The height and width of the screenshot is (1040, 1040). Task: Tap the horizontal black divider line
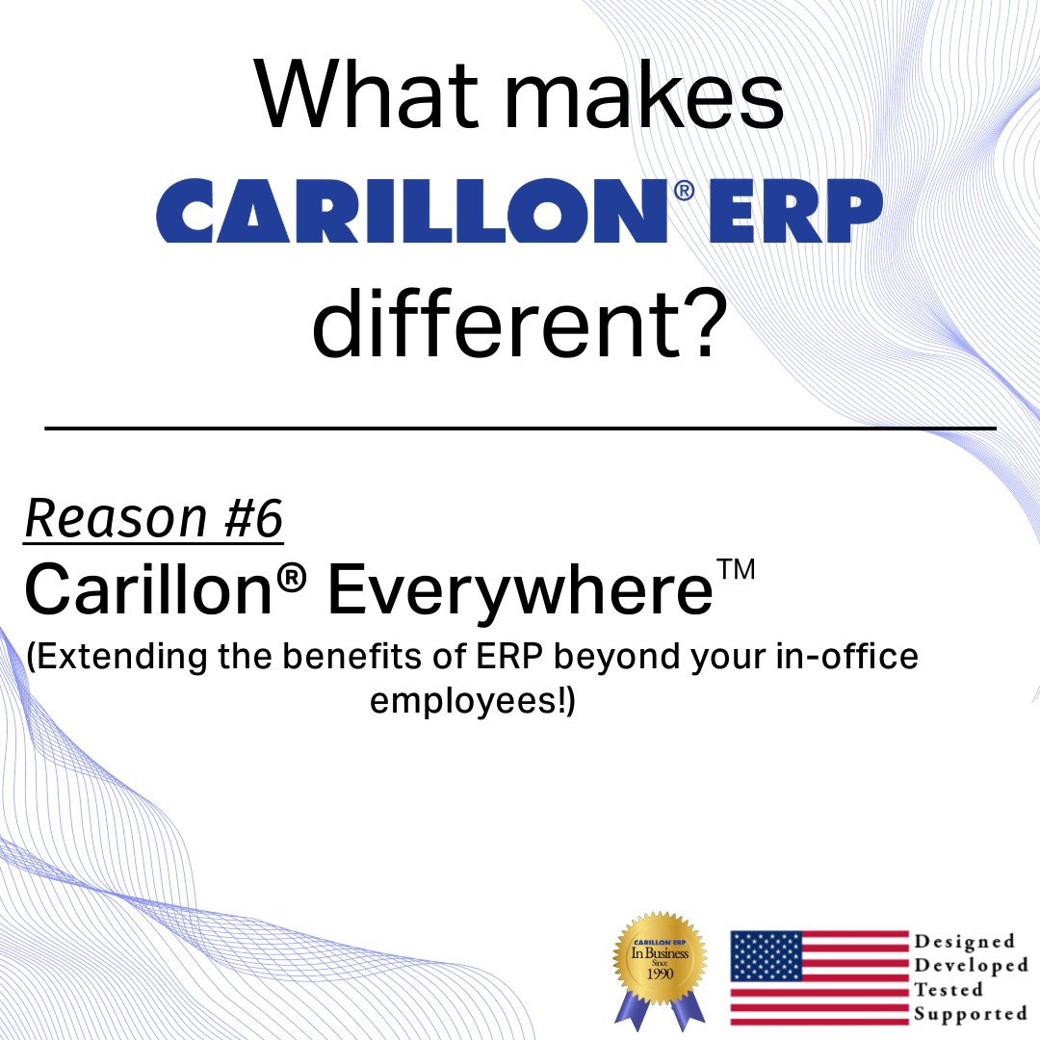pyautogui.click(x=520, y=427)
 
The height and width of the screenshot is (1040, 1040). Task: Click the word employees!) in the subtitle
pyautogui.click(x=472, y=702)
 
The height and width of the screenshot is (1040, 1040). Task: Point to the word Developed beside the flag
pyautogui.click(x=971, y=965)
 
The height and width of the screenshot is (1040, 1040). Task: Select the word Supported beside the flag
pyautogui.click(x=971, y=1013)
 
